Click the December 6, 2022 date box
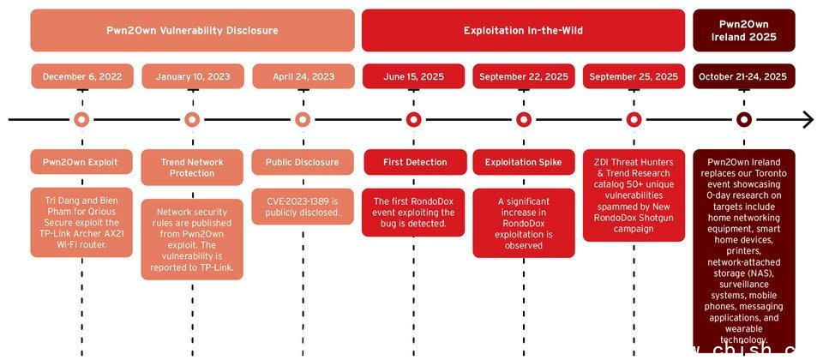click(x=81, y=76)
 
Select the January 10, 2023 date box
click(x=192, y=76)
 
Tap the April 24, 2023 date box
click(x=303, y=76)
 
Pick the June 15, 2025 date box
click(x=413, y=76)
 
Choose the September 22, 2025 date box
click(x=523, y=76)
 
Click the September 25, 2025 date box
click(x=634, y=76)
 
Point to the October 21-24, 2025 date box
click(x=744, y=76)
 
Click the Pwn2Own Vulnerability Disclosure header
click(x=192, y=31)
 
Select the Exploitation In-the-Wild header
click(x=523, y=31)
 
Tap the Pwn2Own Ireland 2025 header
click(x=744, y=31)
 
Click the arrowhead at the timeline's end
click(x=808, y=120)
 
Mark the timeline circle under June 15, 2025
click(x=413, y=120)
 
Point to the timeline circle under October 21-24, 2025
click(x=744, y=120)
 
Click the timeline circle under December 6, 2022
click(x=81, y=120)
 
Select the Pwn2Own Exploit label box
click(x=81, y=162)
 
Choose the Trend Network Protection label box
click(x=192, y=168)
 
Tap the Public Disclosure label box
click(x=303, y=162)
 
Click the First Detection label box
click(x=413, y=162)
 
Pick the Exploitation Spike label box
click(x=523, y=162)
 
